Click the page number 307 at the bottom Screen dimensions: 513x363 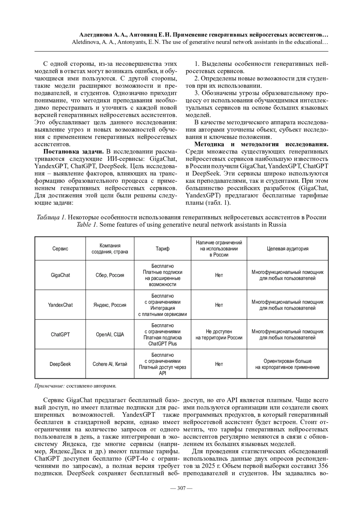181,488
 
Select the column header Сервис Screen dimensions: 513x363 60,249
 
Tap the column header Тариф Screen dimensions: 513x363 162,249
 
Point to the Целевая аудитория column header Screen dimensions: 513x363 287,249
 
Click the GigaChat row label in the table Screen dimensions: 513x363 60,275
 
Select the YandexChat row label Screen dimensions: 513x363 60,305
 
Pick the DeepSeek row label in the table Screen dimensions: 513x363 60,364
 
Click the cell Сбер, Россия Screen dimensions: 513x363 110,275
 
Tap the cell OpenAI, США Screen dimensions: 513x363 110,335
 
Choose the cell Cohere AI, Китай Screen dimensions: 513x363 110,364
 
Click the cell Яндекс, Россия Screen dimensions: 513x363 110,305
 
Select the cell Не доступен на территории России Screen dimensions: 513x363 219,335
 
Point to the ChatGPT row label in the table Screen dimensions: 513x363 60,335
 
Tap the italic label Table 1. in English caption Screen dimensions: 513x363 87,225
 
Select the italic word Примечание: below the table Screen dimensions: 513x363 50,386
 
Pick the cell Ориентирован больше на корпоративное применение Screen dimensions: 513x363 287,364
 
